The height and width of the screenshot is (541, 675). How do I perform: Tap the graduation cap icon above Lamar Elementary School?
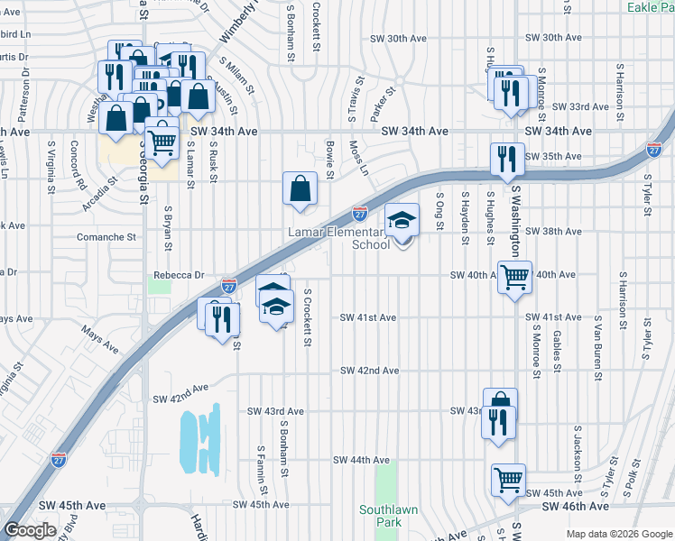tap(402, 218)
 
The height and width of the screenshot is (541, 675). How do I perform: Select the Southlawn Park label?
tap(388, 516)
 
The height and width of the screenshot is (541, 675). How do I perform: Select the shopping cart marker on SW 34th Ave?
tap(162, 141)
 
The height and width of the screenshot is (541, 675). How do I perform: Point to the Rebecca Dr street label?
tap(173, 275)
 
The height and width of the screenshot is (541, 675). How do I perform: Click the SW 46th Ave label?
tap(573, 508)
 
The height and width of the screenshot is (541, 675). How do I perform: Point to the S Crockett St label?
tap(308, 317)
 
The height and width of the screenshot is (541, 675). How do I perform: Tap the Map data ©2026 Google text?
tap(618, 534)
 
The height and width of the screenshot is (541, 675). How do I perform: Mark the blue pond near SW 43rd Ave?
tap(200, 439)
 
